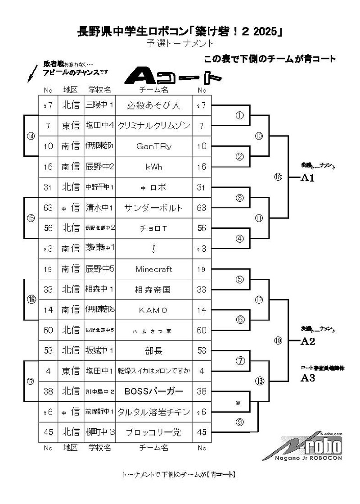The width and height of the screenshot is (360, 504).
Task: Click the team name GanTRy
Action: (153, 146)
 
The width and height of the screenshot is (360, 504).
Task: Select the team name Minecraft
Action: (153, 269)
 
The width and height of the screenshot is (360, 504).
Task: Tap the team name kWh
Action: (153, 167)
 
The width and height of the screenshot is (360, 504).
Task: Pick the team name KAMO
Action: (153, 310)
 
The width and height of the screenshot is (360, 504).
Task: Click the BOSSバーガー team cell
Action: (153, 392)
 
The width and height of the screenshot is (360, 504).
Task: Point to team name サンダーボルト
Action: (153, 208)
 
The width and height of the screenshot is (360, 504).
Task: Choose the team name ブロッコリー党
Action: (153, 432)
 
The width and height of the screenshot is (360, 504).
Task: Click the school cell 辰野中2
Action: (100, 167)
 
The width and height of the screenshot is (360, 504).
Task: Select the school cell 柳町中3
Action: (100, 432)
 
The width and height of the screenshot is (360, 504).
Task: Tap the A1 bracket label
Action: (307, 177)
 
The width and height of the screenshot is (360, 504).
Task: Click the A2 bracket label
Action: (307, 341)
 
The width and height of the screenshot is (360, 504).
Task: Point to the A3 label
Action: (307, 378)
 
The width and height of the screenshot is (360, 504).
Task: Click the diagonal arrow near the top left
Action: (33, 73)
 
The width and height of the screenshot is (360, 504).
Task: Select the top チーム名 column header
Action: (153, 90)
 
